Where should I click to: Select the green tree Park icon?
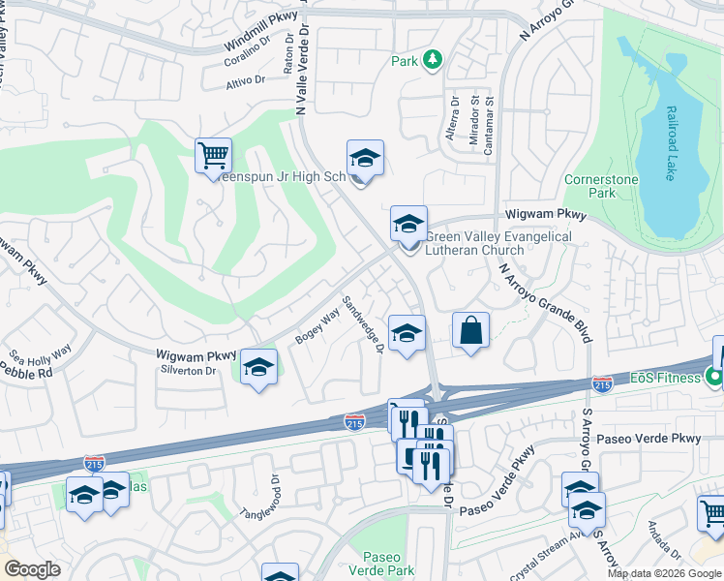(x=432, y=60)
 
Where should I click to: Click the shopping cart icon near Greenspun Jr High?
(x=213, y=155)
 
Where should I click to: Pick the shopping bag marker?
(x=470, y=330)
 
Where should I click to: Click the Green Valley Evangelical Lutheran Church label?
(x=498, y=243)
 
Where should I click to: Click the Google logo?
(x=33, y=568)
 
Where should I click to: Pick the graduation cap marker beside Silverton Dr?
(x=258, y=367)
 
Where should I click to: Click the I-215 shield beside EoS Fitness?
(x=602, y=384)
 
